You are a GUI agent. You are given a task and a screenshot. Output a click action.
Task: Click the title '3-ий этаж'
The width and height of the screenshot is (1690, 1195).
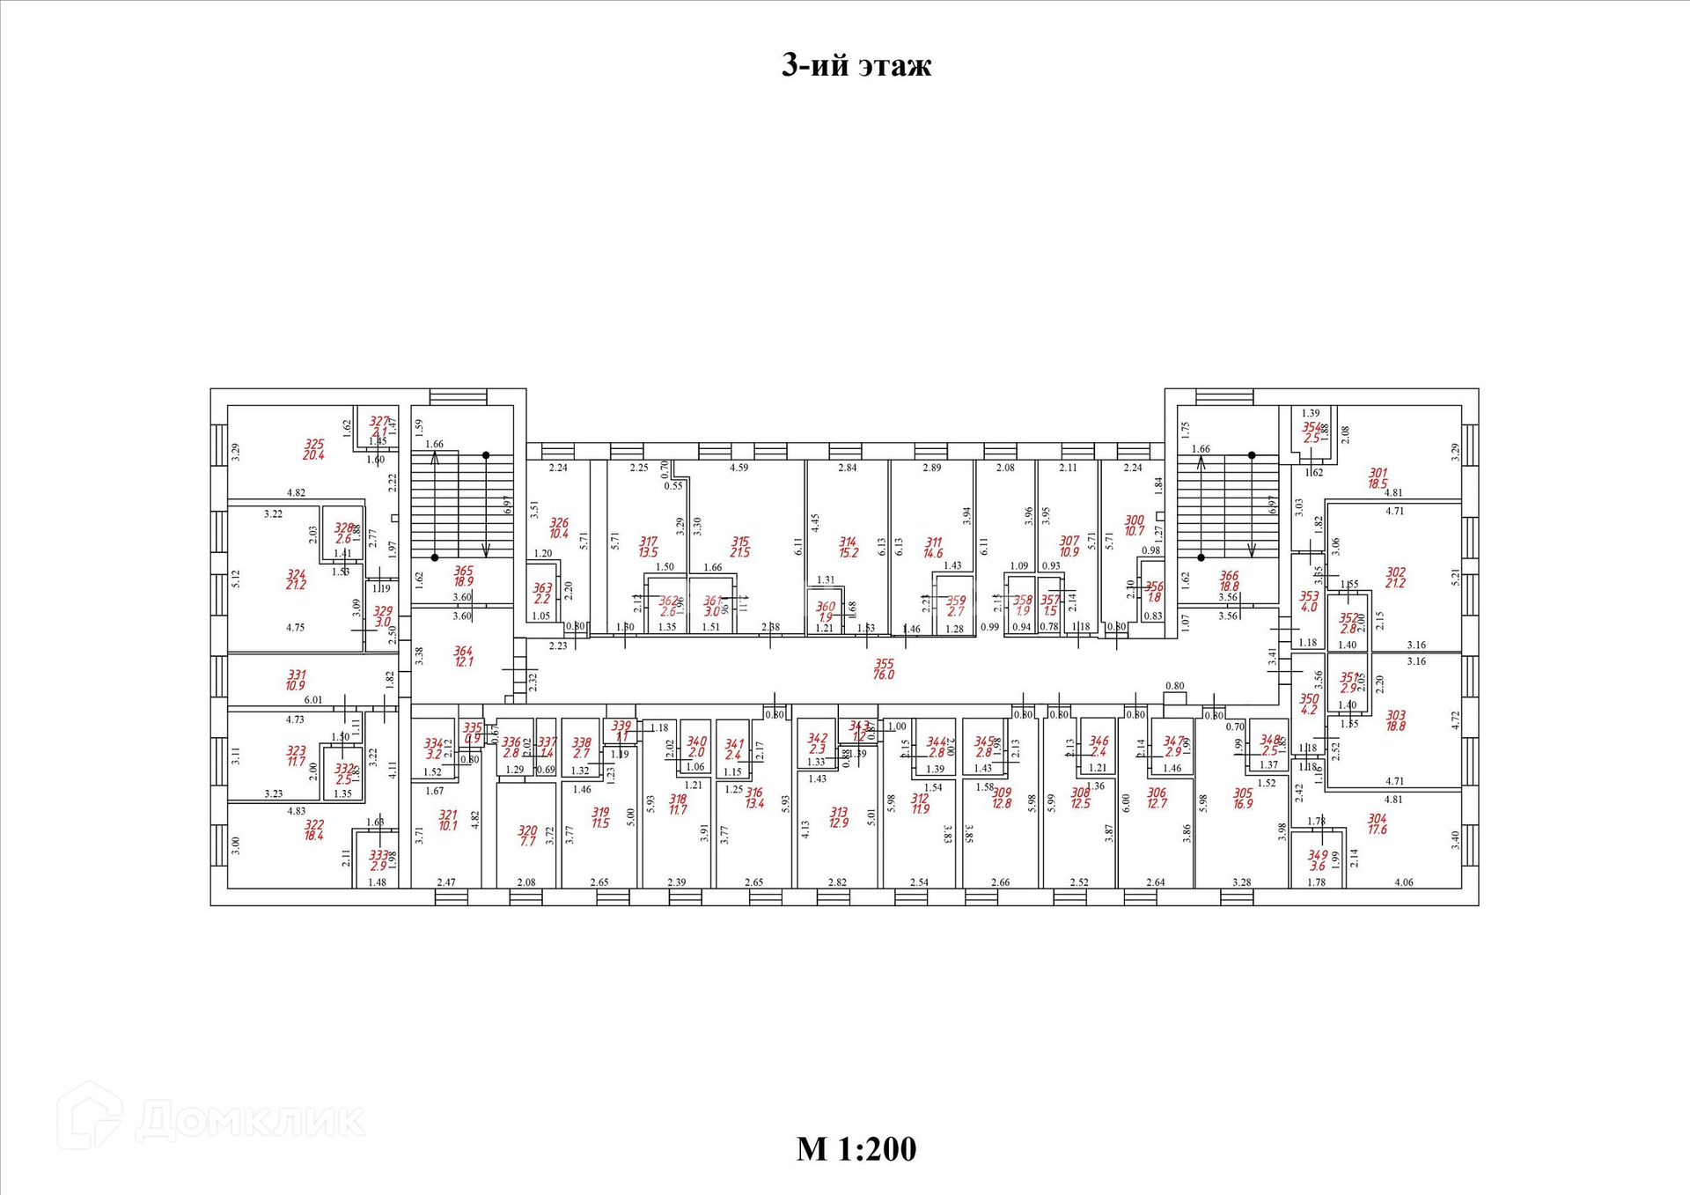[856, 65]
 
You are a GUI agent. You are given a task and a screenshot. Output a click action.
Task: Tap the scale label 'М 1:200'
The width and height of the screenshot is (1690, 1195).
[856, 1148]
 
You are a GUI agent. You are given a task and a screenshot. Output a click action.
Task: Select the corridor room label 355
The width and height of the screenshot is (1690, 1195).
[884, 665]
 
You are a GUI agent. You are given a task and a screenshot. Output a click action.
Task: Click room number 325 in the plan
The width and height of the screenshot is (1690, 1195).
[314, 445]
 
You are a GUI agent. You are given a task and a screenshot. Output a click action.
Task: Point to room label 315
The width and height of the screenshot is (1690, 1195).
[739, 542]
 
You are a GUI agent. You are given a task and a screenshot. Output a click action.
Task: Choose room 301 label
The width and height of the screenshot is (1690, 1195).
[1378, 474]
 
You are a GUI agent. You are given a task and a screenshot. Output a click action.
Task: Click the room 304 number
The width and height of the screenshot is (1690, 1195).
[1377, 819]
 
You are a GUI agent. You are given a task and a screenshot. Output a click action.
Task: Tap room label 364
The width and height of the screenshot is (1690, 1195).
[463, 652]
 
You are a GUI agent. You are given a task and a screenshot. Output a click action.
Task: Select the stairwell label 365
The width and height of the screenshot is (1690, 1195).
[463, 572]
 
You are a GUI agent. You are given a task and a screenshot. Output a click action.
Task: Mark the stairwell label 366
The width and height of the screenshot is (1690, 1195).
[1229, 576]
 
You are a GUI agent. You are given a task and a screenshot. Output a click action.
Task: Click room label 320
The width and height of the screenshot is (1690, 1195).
[526, 830]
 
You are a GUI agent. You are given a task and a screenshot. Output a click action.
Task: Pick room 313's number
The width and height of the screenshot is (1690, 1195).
[838, 813]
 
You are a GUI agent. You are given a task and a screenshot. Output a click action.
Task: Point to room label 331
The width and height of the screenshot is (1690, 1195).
[297, 675]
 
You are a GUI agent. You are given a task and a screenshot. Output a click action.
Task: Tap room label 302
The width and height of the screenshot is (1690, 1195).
[1395, 572]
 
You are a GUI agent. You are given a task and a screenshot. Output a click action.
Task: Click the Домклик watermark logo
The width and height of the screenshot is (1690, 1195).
[211, 1118]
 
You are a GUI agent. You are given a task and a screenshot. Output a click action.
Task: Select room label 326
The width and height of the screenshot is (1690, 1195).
[558, 523]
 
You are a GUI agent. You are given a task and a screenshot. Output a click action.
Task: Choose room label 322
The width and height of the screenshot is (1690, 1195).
[314, 825]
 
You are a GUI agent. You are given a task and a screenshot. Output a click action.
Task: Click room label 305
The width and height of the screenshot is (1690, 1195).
[1242, 793]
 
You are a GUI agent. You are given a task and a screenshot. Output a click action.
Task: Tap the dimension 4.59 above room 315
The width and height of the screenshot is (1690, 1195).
[738, 468]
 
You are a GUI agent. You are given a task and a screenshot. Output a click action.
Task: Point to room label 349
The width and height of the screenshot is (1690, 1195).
[1317, 855]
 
